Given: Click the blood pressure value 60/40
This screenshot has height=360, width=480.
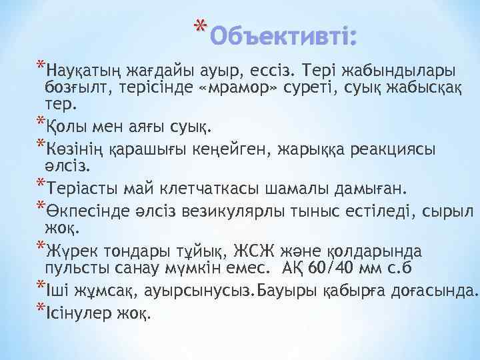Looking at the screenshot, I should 333,270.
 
